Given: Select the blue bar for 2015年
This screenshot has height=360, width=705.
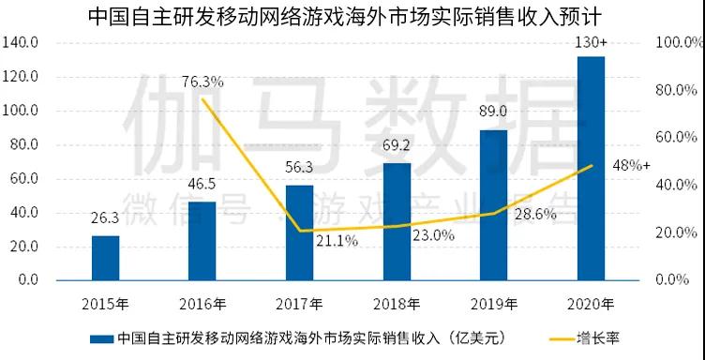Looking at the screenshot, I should pyautogui.click(x=105, y=258).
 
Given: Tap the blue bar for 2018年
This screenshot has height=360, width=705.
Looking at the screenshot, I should pyautogui.click(x=397, y=221).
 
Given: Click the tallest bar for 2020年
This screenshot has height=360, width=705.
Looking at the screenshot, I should pyautogui.click(x=591, y=169).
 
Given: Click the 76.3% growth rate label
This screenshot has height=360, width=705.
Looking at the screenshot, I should pyautogui.click(x=202, y=82).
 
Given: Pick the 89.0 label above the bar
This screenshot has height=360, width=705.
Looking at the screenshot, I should pyautogui.click(x=493, y=112).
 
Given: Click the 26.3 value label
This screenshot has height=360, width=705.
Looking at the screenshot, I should pyautogui.click(x=105, y=219).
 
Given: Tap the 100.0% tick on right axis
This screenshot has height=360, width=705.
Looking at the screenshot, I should pyautogui.click(x=678, y=43).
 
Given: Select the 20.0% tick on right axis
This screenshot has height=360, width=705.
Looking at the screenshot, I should pyautogui.click(x=678, y=232).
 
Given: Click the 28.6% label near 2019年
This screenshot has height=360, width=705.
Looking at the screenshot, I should pyautogui.click(x=534, y=215).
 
